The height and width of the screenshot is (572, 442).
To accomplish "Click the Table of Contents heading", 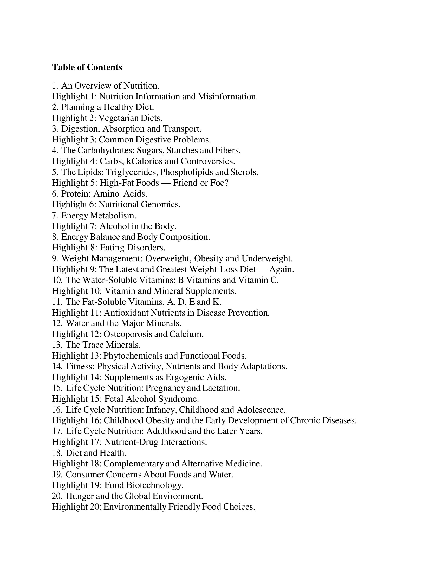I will (87, 67).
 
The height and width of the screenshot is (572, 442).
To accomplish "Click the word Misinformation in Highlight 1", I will (227, 96).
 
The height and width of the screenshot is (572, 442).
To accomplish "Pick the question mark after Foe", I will (227, 183).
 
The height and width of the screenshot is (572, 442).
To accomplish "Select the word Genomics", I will (160, 204).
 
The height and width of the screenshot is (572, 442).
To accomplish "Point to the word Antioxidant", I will (126, 313).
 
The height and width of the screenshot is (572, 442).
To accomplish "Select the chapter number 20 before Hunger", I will (57, 496).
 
